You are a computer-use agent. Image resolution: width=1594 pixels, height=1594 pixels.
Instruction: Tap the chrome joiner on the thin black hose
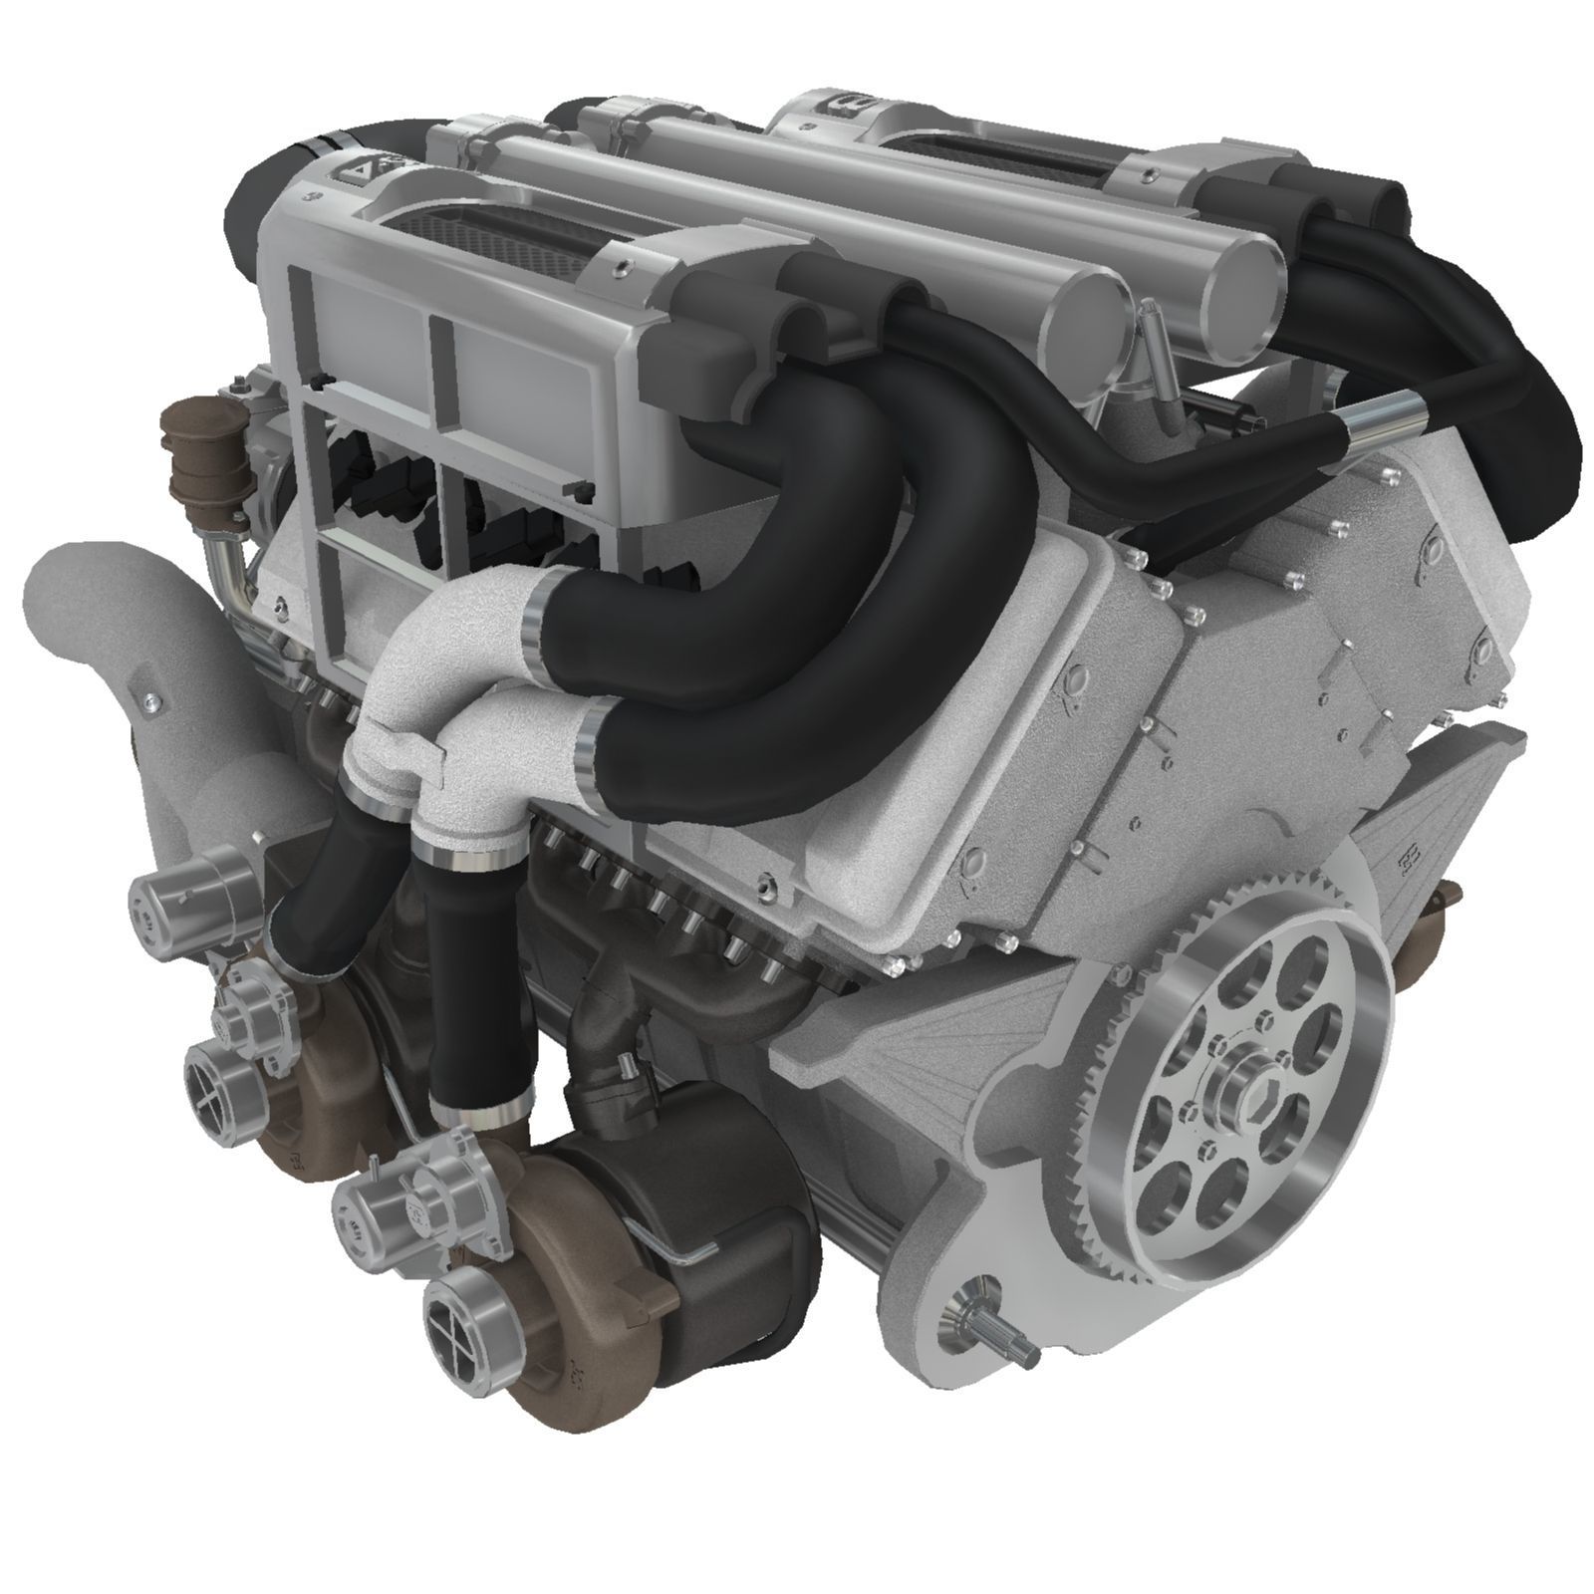point(1384,413)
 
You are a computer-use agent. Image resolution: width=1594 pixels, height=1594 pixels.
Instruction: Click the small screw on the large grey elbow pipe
point(148,704)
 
